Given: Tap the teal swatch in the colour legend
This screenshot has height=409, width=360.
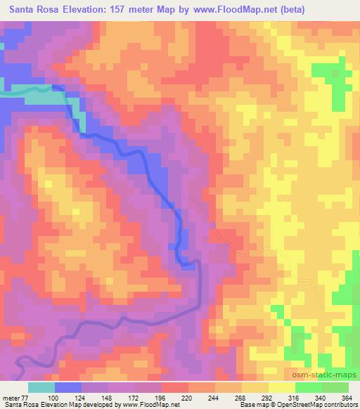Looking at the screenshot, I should [x=41, y=388].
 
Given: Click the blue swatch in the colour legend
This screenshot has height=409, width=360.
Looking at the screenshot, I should [x=68, y=388].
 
